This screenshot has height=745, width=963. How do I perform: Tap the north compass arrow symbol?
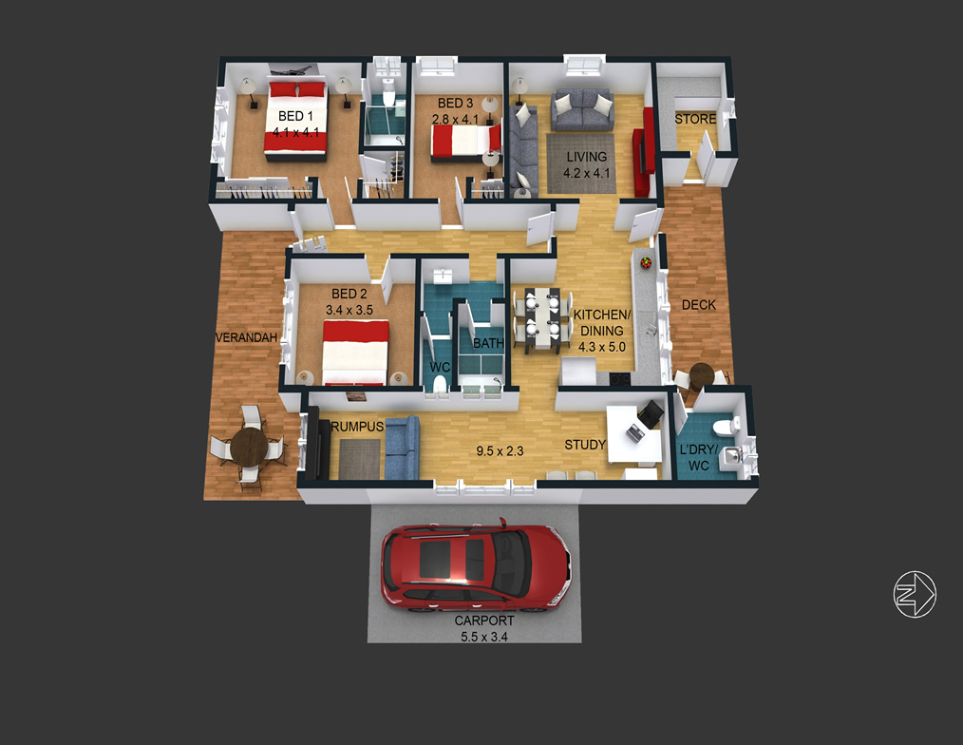[x=915, y=594]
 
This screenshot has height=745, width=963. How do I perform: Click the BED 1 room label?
[x=295, y=116]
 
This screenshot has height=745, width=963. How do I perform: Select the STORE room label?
[x=695, y=119]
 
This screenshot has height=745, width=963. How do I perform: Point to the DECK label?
[x=699, y=305]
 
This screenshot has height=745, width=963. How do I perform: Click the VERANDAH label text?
[x=246, y=337]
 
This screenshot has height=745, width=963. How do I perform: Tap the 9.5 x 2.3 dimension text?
[x=500, y=451]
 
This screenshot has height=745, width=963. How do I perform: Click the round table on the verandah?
[x=249, y=445]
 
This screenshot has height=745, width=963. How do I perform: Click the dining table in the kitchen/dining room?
[x=543, y=319]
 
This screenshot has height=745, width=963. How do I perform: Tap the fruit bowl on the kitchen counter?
[x=646, y=263]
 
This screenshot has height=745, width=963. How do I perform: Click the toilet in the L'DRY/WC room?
[x=733, y=424]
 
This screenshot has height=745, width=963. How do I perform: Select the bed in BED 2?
[x=355, y=353]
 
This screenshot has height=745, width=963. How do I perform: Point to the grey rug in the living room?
[x=581, y=164]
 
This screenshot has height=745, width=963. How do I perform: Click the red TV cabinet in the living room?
[x=645, y=152]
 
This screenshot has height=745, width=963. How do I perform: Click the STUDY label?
[x=585, y=445]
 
